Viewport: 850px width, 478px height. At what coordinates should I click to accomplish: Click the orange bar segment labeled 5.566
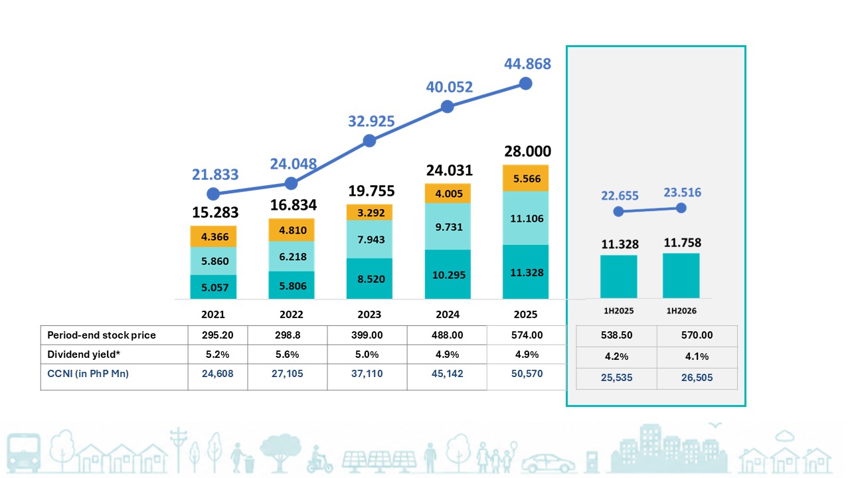(525, 178)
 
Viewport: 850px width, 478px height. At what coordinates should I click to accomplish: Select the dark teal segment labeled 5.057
(213, 287)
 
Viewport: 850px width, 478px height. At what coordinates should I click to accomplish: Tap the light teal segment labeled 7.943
(369, 240)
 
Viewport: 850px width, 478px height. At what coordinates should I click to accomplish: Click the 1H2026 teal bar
(681, 276)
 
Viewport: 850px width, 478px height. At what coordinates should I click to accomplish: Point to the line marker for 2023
(370, 141)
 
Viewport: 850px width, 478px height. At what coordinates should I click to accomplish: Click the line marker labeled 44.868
(525, 84)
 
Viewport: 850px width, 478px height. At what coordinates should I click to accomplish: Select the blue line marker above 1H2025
(618, 211)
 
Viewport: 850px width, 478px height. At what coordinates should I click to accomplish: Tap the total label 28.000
(527, 151)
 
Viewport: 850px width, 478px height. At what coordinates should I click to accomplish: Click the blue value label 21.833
(215, 175)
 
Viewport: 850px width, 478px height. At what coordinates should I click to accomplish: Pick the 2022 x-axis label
(292, 315)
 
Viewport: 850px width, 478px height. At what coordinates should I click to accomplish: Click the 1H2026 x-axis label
(681, 311)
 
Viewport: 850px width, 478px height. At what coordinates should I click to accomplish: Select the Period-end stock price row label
(102, 335)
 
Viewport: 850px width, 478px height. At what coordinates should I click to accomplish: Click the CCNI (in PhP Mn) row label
(88, 374)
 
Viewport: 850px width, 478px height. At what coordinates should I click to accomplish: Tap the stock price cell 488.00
(447, 335)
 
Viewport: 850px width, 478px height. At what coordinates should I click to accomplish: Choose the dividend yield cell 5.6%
(288, 355)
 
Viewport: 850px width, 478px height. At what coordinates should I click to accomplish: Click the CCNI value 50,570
(527, 374)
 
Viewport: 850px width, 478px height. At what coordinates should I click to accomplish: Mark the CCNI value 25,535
(617, 378)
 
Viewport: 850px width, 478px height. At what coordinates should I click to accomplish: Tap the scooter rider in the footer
(319, 460)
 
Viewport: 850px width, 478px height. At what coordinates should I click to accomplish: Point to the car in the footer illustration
(548, 463)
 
